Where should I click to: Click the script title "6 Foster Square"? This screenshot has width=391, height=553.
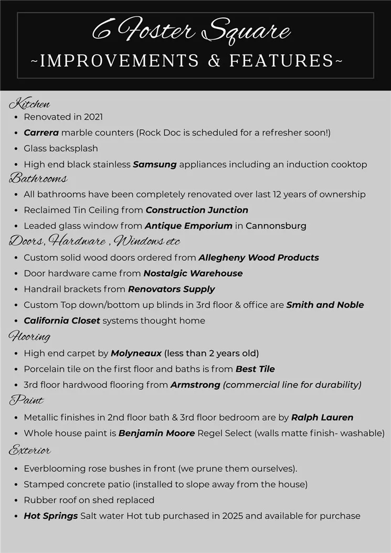click(192, 30)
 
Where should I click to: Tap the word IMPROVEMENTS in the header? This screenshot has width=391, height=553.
click(120, 61)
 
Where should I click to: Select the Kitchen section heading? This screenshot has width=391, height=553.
click(29, 103)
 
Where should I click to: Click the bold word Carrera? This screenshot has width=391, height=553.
click(41, 133)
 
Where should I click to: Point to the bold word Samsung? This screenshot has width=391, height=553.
click(154, 164)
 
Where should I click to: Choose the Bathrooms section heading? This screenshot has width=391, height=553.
click(38, 179)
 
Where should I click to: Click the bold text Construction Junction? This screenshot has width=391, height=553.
click(197, 210)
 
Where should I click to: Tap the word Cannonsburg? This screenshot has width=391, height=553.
click(276, 226)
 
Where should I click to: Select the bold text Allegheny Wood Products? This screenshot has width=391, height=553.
click(258, 257)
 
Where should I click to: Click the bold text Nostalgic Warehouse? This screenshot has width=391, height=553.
click(193, 273)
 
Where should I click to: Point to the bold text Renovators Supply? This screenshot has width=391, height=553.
click(171, 289)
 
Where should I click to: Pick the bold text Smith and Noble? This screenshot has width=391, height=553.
click(325, 305)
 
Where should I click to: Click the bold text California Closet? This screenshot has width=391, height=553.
click(61, 320)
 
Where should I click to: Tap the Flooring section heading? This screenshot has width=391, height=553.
click(29, 337)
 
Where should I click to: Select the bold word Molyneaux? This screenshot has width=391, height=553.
click(136, 353)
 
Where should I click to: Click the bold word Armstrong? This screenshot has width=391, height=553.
click(195, 385)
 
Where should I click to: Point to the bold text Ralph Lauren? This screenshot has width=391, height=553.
click(322, 418)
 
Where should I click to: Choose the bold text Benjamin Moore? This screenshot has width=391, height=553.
click(156, 433)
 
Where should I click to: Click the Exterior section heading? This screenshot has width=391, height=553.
click(29, 451)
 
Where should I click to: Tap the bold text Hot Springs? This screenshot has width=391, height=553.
click(50, 516)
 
